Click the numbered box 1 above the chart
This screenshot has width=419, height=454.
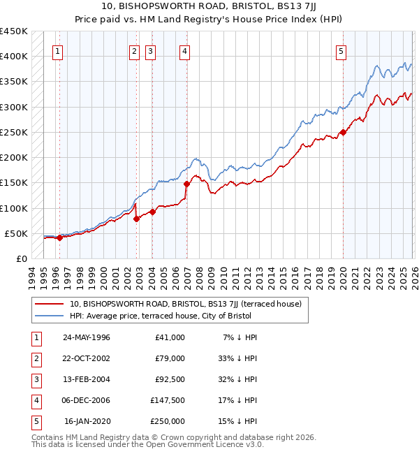coord(57,50)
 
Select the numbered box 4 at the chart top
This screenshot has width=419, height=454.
coord(184,50)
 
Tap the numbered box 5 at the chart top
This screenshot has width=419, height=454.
coord(341,50)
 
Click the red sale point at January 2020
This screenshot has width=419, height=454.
coord(343,132)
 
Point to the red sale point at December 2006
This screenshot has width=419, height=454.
coord(186,184)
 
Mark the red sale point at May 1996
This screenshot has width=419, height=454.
coord(59,237)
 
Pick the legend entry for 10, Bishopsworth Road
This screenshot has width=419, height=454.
coord(185,304)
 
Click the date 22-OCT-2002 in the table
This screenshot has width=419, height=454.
coord(87,358)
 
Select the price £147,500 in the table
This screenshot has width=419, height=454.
coord(168,400)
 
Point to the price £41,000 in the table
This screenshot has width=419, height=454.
coord(170,337)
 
